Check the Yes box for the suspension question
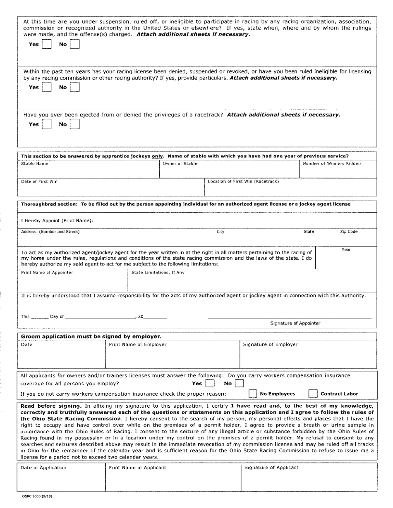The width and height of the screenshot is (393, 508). (x=47, y=44)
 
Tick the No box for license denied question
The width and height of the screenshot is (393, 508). (x=74, y=87)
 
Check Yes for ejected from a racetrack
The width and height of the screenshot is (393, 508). (x=47, y=124)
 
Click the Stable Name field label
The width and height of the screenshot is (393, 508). (x=35, y=164)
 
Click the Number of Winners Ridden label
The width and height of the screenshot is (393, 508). (x=332, y=164)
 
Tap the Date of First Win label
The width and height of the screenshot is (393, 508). (x=39, y=182)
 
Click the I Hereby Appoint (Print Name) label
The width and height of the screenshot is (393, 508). (x=57, y=221)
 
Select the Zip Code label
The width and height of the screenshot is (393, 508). (x=349, y=232)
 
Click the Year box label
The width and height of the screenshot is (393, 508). (x=346, y=249)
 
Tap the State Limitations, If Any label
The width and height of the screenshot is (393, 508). (x=158, y=273)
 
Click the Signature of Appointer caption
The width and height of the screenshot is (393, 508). (x=295, y=323)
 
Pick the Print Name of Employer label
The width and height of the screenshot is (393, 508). (x=138, y=344)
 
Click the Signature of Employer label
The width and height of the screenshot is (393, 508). (x=270, y=344)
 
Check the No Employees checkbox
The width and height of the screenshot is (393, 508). (x=253, y=394)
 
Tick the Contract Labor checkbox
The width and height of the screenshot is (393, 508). (x=313, y=394)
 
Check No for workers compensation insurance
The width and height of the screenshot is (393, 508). (x=239, y=384)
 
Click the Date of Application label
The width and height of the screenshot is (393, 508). (x=43, y=468)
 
